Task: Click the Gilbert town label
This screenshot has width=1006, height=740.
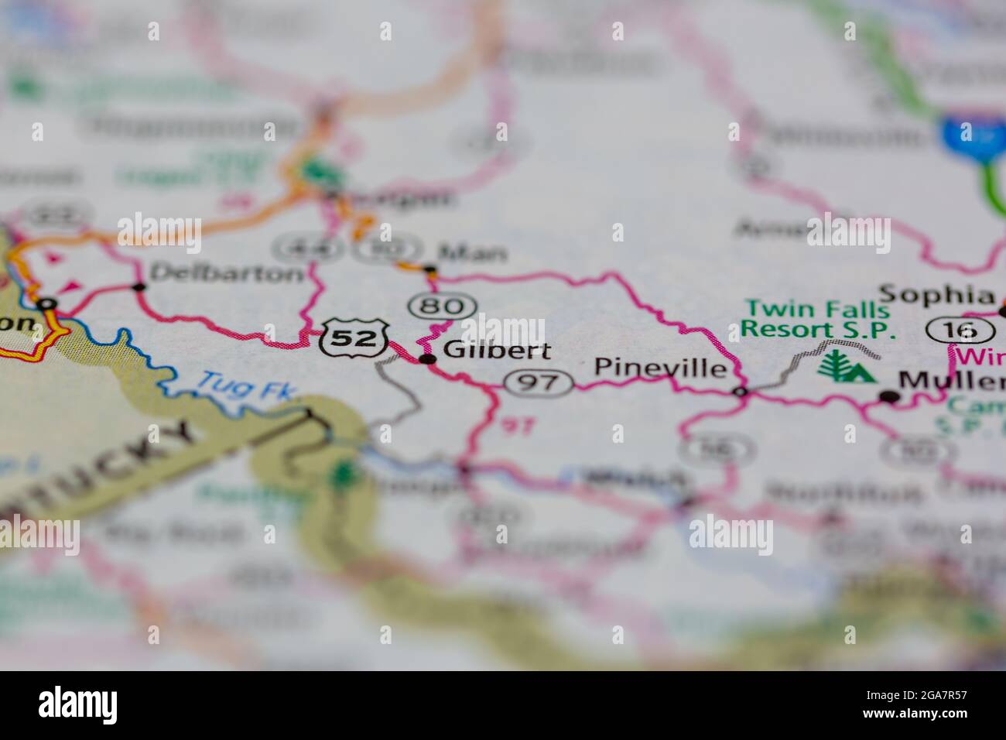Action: (497, 351)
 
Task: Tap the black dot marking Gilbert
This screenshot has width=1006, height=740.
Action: (427, 358)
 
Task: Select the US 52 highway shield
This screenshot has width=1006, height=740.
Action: (354, 337)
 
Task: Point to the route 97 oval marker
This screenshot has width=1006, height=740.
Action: (539, 382)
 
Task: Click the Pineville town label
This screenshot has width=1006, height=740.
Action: (660, 368)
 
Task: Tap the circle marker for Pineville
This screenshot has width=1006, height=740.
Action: (741, 392)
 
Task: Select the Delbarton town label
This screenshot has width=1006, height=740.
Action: (227, 272)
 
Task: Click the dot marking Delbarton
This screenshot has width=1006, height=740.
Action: (139, 287)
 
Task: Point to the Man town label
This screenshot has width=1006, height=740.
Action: (472, 252)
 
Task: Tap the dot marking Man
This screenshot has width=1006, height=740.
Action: (430, 271)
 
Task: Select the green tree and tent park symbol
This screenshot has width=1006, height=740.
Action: (847, 367)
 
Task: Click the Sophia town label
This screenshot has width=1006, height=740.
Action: (936, 294)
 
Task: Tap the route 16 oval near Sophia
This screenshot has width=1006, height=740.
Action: (950, 330)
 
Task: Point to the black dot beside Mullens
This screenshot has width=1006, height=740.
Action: (890, 396)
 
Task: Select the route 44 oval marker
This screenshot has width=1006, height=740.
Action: (298, 248)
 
